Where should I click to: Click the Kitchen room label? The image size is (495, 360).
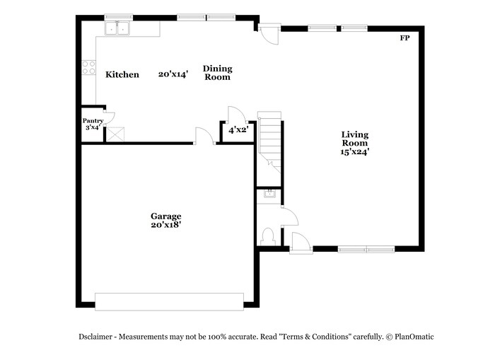(122, 75)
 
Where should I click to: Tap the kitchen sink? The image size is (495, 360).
(119, 29)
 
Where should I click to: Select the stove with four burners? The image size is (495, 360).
(89, 67)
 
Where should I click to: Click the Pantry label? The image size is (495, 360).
(93, 121)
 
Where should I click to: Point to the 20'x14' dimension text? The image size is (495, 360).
(173, 74)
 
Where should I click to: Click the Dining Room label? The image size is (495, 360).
(218, 73)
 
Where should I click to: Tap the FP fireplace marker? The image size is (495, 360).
(404, 38)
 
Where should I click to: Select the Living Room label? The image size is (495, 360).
(355, 139)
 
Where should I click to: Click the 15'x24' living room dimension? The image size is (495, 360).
(355, 151)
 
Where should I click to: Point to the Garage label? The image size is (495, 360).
(165, 216)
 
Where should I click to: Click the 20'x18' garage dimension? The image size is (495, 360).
(165, 226)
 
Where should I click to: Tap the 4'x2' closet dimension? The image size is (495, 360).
(236, 130)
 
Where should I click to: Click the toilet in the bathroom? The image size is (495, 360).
(267, 235)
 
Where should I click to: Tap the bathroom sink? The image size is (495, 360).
(269, 193)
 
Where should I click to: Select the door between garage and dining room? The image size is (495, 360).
(204, 136)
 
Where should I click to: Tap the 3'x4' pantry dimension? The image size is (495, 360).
(93, 128)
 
